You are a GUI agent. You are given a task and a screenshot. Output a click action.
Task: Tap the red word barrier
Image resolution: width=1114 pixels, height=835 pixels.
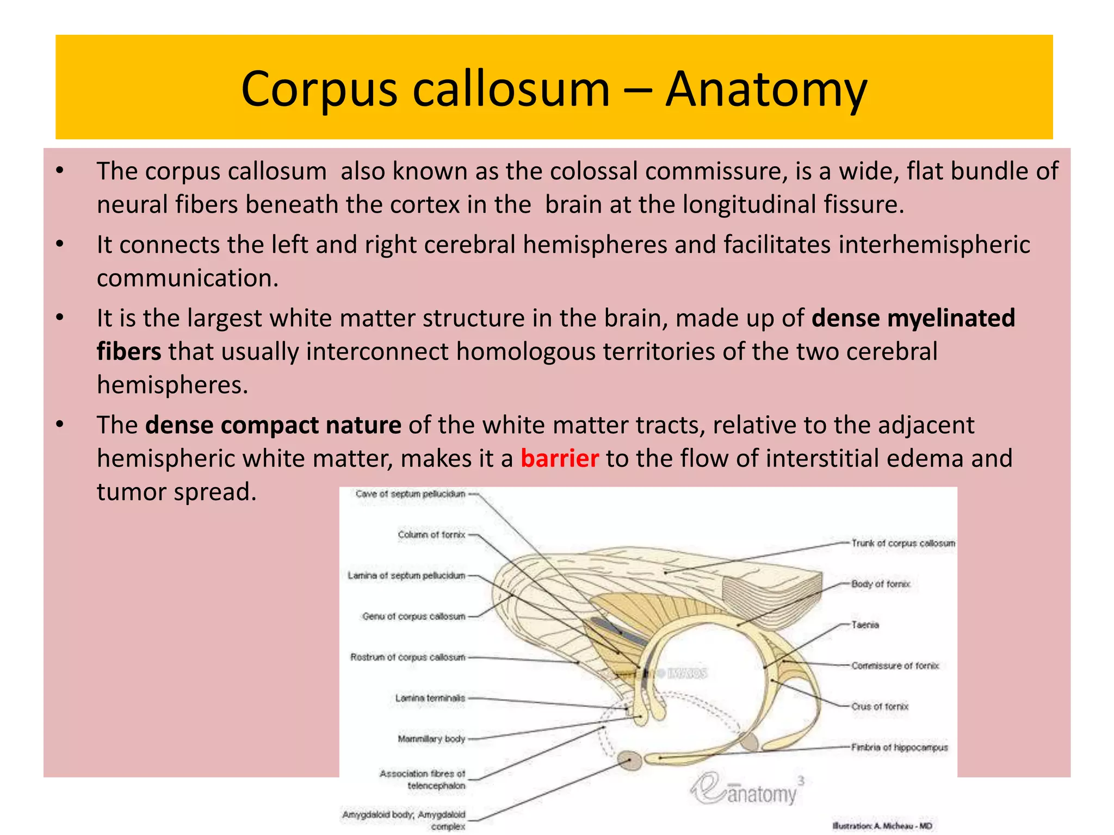point(559,458)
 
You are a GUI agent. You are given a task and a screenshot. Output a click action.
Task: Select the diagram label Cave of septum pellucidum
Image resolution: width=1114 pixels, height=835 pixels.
point(410,494)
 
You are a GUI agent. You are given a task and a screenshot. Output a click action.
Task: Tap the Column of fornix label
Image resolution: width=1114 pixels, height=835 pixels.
point(431,535)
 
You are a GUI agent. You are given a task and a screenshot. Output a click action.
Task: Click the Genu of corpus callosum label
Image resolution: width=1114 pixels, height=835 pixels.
point(414,616)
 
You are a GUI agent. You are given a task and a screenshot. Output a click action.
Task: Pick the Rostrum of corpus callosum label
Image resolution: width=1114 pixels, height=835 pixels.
point(408,657)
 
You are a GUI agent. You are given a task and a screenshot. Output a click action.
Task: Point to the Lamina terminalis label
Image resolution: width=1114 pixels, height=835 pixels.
point(430,698)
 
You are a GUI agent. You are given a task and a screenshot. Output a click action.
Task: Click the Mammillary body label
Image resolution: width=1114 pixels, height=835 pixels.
point(431,739)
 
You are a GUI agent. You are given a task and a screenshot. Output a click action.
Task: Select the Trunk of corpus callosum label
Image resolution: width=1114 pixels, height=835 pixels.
point(903,543)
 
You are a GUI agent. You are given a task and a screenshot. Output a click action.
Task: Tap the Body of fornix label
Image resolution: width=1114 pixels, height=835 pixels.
point(881,584)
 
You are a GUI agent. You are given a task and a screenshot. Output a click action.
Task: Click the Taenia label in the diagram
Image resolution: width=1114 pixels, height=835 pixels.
point(865,625)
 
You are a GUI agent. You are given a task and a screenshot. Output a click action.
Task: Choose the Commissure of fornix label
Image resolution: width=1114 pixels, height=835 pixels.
point(895,665)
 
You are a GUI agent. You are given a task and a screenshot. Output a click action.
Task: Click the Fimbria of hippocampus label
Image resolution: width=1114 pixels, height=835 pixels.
point(900,747)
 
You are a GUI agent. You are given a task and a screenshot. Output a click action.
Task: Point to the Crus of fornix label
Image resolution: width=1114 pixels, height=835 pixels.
point(880,707)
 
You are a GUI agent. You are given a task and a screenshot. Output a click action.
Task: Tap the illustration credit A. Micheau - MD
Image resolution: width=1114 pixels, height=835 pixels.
point(882,826)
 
